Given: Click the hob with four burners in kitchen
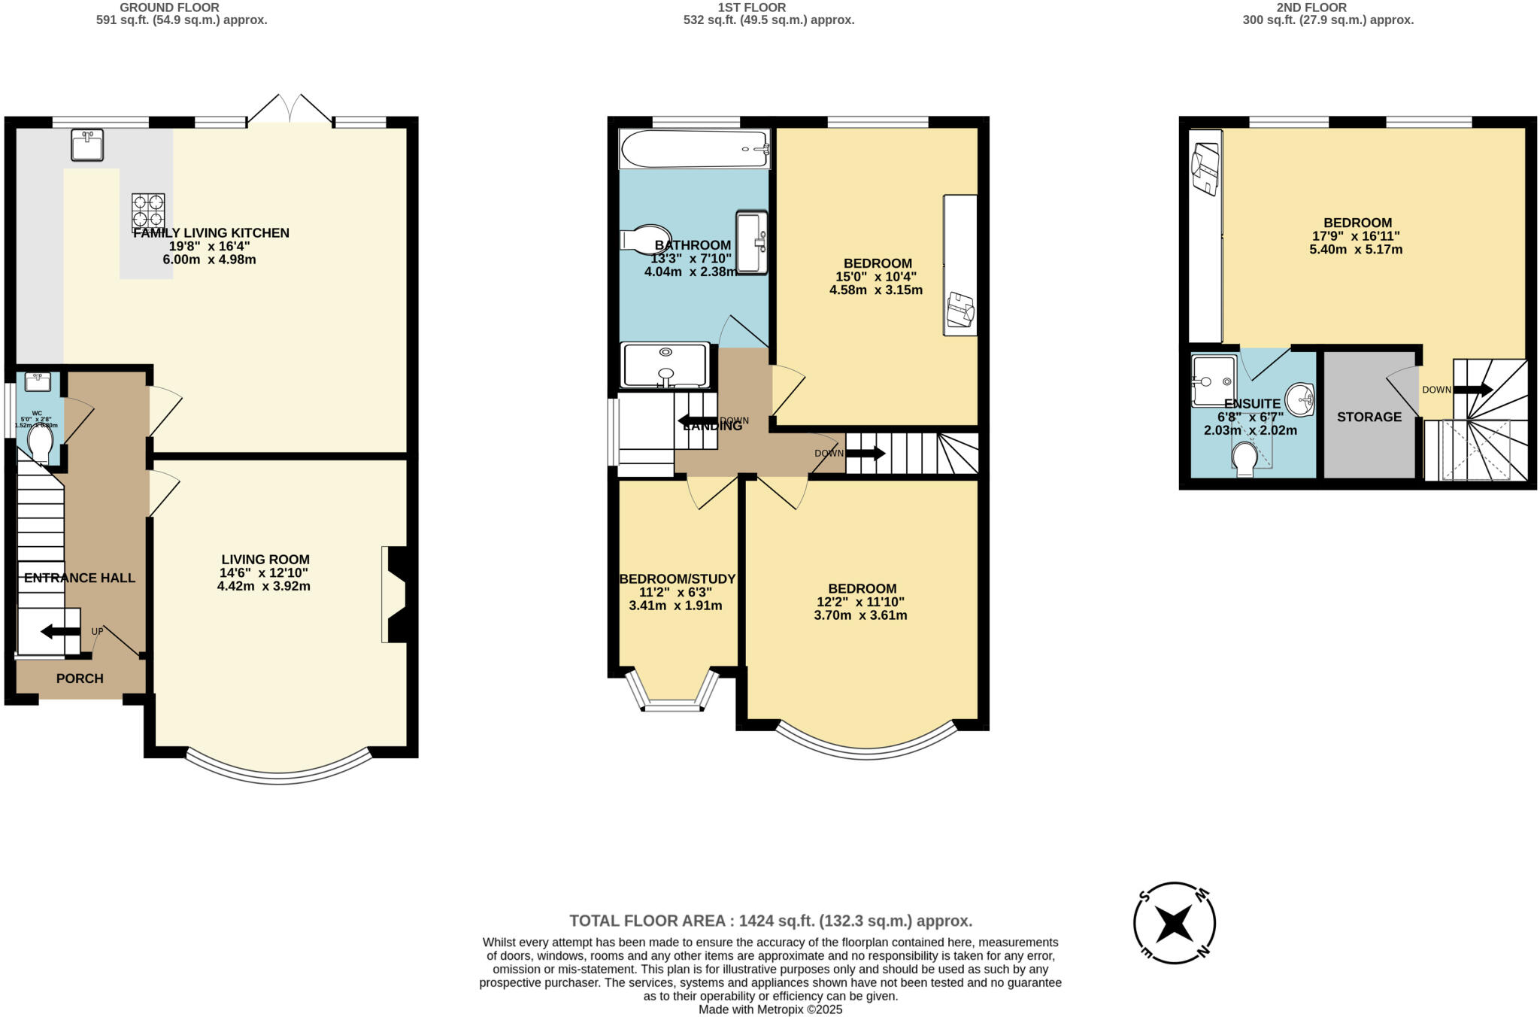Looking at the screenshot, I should pos(148,211).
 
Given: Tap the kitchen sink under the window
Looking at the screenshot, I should pos(87,144).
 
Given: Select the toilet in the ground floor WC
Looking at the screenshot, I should pos(39,445).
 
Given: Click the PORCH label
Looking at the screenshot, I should pos(80,679).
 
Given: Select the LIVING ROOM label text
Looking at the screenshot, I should pos(265,560).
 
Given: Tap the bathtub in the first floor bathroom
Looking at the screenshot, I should pos(693,148).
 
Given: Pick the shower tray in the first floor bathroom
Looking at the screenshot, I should pos(665,366).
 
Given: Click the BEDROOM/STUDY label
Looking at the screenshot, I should pos(677,578).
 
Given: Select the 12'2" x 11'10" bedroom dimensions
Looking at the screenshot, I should pos(860,602).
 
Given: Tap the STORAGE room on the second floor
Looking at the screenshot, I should pos(1369,416).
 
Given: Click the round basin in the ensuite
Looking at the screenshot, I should pos(1300,399).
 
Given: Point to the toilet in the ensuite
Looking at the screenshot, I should pos(1244,458).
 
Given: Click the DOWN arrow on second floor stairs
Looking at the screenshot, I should pos(1472,390).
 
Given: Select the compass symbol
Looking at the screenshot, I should pos(1174,923).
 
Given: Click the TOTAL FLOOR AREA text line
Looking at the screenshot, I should pos(770,921).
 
